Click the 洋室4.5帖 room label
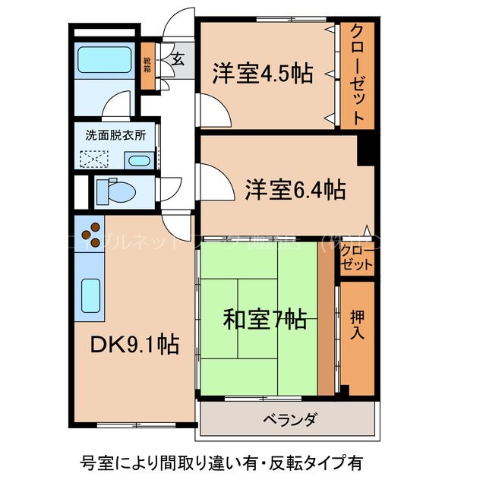pos(262,74)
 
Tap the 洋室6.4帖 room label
pos(295,188)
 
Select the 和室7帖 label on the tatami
pos(264,320)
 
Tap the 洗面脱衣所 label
pos(115,136)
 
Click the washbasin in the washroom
pos(137,159)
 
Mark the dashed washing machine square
pos(96,159)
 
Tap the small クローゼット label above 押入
pos(357,258)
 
